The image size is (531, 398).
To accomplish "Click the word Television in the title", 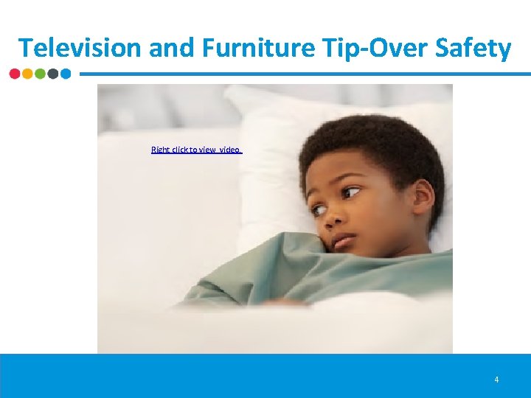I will [x=80, y=48].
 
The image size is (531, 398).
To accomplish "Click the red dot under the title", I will [x=15, y=74].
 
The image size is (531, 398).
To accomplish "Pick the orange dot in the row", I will [x=27, y=74].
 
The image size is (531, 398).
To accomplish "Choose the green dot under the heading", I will [x=40, y=74].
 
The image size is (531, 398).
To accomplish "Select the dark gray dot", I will [x=52, y=74].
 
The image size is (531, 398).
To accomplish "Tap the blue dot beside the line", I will [x=65, y=74].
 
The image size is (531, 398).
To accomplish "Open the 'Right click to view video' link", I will [x=196, y=150].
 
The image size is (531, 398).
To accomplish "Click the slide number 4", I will [x=496, y=380].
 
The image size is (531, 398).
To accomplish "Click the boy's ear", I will [x=423, y=198].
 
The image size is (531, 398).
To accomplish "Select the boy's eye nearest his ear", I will [x=351, y=193].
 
